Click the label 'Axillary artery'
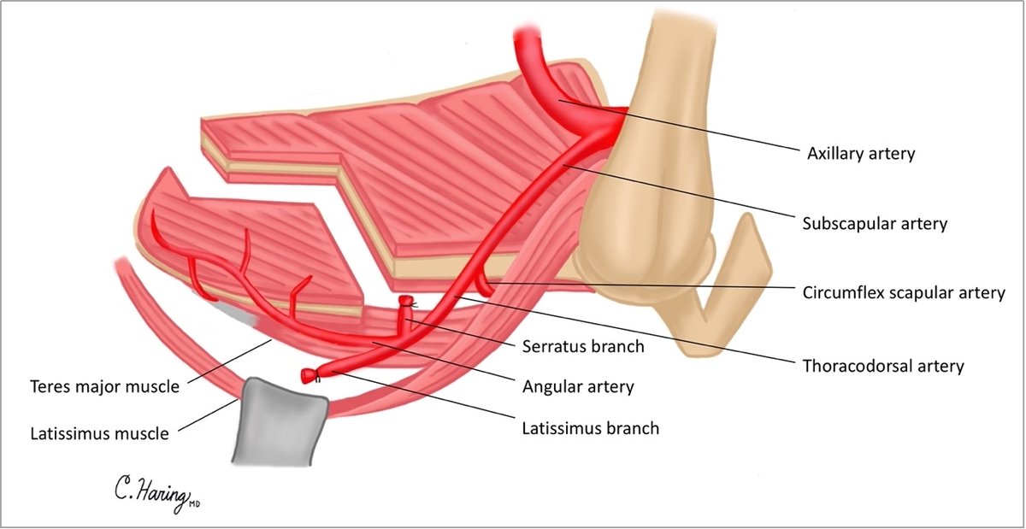[x=861, y=154]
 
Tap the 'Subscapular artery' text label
[x=875, y=224]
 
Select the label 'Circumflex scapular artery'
[x=904, y=293]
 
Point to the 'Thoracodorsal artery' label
[x=883, y=366]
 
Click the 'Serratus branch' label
[x=583, y=348]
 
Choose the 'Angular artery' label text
[x=579, y=387]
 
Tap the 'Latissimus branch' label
[x=591, y=427]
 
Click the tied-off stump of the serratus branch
[x=407, y=302]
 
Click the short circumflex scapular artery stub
[x=485, y=277]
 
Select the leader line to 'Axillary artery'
[x=675, y=125]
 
